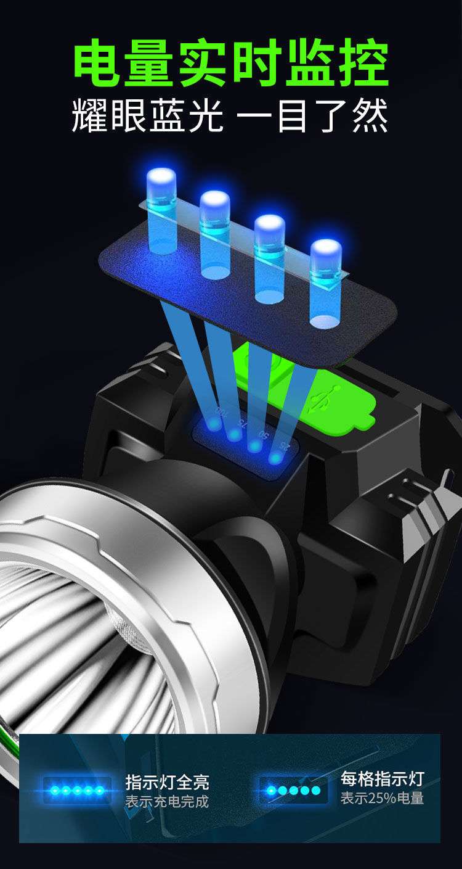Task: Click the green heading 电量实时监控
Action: tap(231, 62)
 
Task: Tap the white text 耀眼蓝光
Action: tap(147, 115)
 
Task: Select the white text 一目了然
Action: tap(312, 115)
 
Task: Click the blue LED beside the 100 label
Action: tap(213, 424)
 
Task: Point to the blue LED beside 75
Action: tap(234, 434)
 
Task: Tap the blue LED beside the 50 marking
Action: tap(254, 446)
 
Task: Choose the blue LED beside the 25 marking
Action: tap(275, 458)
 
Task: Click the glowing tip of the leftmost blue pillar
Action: tap(161, 175)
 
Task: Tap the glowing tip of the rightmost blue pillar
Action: tap(326, 247)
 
